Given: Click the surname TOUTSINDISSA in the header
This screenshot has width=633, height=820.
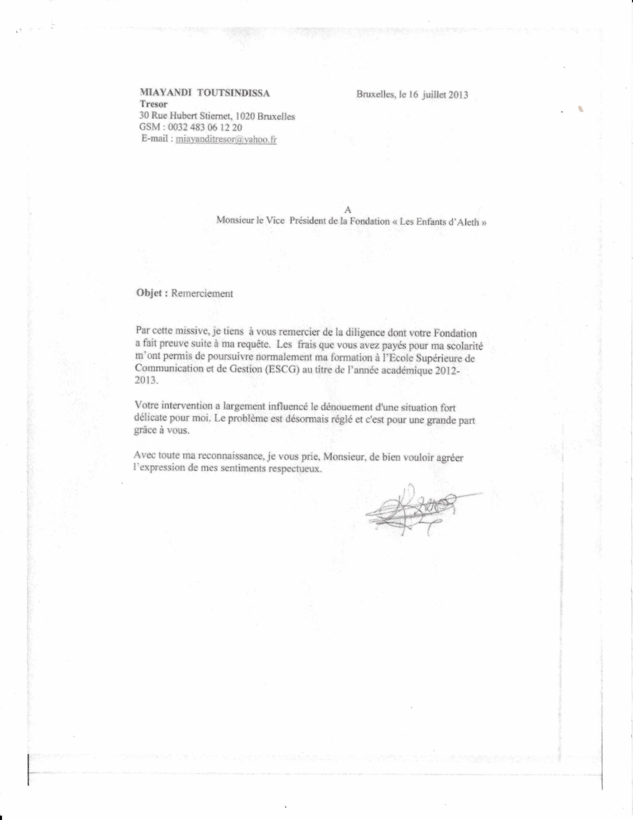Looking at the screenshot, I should (233, 93).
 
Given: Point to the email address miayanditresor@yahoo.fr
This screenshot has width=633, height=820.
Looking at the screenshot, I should (226, 139).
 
